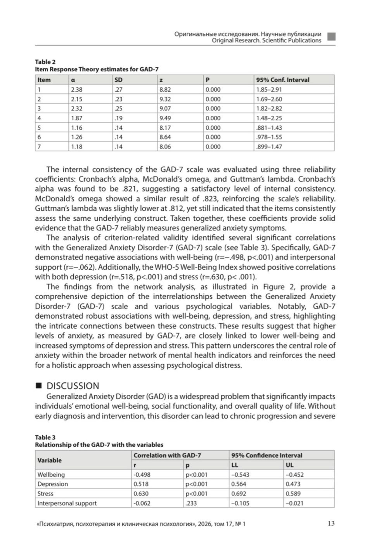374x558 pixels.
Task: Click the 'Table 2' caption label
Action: point(45,62)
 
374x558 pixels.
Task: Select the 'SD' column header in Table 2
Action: point(118,80)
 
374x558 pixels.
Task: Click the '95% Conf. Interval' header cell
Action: point(282,80)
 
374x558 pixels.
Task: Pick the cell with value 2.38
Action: point(77,89)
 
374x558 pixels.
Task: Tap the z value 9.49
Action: point(165,118)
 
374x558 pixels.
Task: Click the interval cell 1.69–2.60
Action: point(269,99)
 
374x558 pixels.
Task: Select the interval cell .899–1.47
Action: point(269,147)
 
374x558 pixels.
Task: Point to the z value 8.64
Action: point(165,137)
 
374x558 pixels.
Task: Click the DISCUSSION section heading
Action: point(73,386)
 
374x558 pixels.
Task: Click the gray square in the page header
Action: point(331,37)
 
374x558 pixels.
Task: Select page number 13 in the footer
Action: point(331,523)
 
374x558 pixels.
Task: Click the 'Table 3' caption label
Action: point(45,438)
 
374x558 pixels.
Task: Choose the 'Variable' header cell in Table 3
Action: point(49,460)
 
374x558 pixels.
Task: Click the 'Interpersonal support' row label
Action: point(67,503)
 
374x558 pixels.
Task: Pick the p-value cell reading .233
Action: point(190,503)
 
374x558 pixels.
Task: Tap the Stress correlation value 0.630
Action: point(142,493)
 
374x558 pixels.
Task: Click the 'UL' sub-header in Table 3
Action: point(289,465)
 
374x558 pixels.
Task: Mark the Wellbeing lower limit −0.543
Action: point(240,475)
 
